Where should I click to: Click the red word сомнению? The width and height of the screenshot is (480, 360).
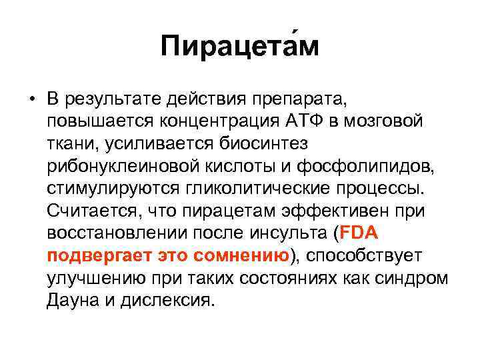(242, 256)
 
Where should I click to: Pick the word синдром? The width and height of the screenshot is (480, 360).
(415, 278)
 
